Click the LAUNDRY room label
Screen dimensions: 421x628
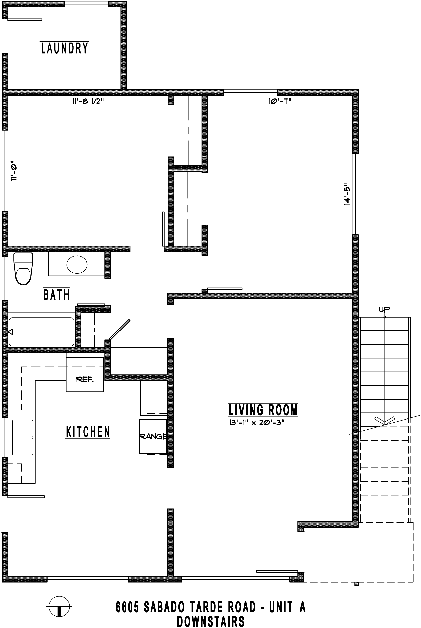click(65, 48)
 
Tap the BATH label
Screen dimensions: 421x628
click(56, 295)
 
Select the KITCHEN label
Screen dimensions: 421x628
click(88, 432)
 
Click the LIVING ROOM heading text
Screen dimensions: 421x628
click(263, 410)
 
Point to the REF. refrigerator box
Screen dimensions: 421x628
click(85, 375)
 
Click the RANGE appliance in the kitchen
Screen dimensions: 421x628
click(153, 437)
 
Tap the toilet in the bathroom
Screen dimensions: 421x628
click(23, 269)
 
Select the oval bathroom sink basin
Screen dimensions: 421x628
click(77, 265)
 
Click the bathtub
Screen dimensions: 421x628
click(41, 332)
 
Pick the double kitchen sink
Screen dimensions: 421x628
click(23, 438)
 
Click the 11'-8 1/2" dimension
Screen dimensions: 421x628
click(88, 101)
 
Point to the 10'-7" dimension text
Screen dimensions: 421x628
click(280, 101)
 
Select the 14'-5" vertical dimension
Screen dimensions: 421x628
click(347, 194)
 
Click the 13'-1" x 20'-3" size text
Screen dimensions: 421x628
click(256, 423)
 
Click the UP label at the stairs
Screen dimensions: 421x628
click(384, 310)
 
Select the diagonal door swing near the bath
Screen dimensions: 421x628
click(120, 329)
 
